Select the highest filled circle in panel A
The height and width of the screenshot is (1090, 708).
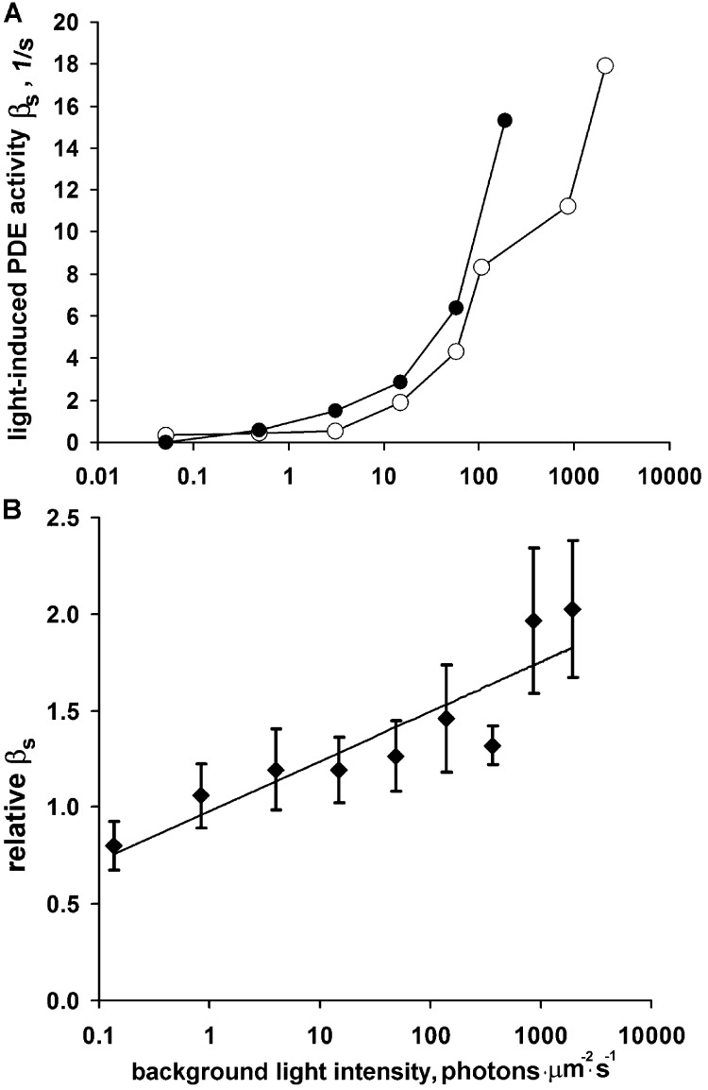point(504,120)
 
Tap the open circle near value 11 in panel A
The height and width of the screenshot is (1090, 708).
point(567,206)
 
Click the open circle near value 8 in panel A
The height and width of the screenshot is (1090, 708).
point(481,267)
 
